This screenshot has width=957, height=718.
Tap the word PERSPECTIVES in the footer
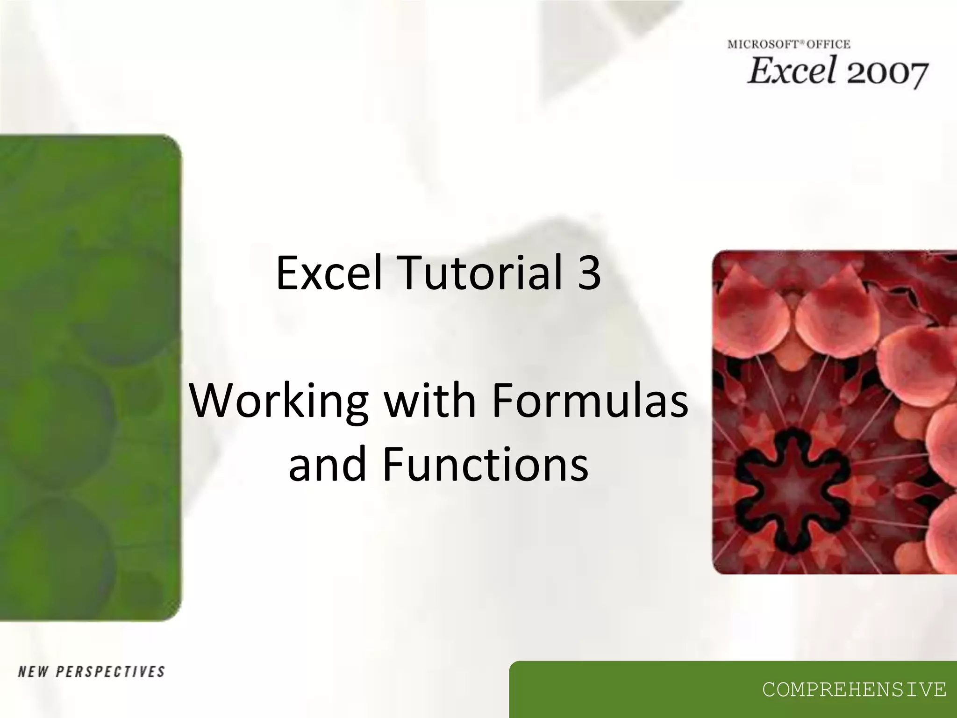[110, 672]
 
